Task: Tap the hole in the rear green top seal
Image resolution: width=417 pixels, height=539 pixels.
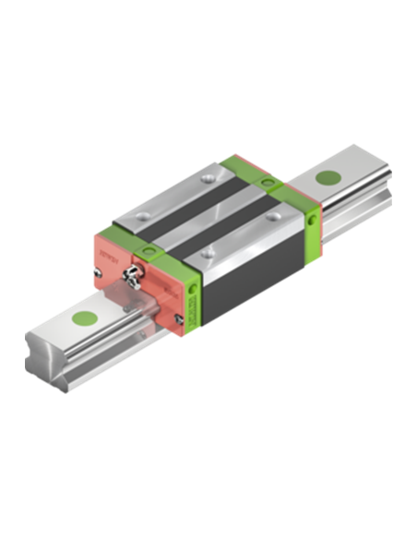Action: point(268,185)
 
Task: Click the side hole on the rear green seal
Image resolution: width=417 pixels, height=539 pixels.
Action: point(312,220)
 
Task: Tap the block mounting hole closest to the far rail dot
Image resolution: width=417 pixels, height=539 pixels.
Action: point(272,218)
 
